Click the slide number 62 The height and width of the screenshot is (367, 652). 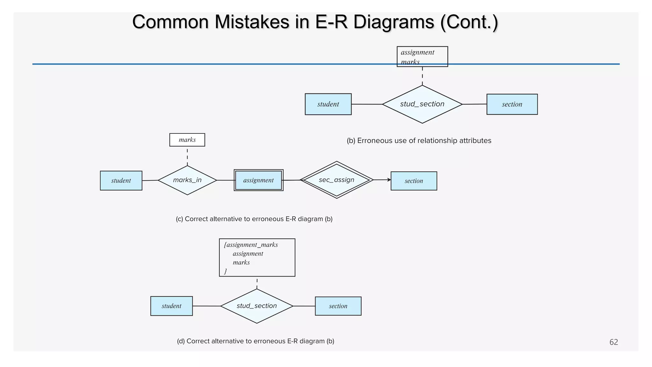pos(613,342)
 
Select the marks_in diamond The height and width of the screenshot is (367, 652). pos(187,180)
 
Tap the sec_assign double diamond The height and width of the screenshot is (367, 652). pos(337,180)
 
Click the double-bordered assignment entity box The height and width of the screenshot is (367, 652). pos(259,180)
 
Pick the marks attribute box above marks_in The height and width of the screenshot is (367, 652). pos(187,140)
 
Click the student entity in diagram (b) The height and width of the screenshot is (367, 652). pos(328,104)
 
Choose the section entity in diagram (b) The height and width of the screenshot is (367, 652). pos(512,104)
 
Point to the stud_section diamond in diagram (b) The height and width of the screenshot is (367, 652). pos(422,104)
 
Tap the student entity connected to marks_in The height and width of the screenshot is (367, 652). pos(121,181)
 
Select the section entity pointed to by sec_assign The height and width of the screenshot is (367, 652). pos(414,181)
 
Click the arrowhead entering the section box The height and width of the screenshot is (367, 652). pos(389,180)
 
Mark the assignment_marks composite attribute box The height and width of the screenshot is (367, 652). pos(257,257)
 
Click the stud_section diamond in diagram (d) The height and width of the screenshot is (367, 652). pos(257,306)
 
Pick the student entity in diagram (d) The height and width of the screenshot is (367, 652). pos(171,306)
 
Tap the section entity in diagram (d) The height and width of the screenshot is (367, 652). pos(338,306)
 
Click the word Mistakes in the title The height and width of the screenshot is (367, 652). pos(252,22)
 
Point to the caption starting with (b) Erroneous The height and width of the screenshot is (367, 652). pos(419,141)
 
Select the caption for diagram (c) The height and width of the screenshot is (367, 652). pos(254,219)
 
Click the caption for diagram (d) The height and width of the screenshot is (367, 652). pos(255,341)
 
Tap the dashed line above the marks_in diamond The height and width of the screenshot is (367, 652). pos(187,156)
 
